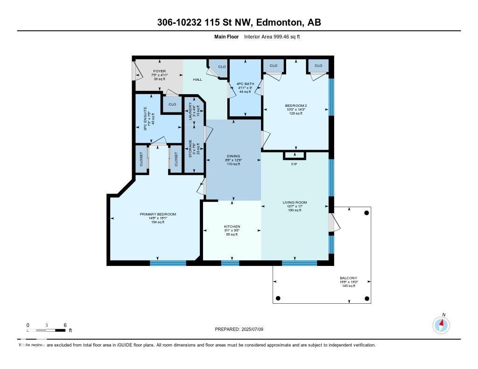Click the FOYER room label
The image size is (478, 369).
pyautogui.click(x=160, y=71)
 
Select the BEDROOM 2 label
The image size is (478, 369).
pyautogui.click(x=295, y=106)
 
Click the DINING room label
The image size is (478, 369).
pyautogui.click(x=233, y=156)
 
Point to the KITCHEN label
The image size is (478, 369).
pyautogui.click(x=232, y=227)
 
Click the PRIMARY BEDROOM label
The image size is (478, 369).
pyautogui.click(x=158, y=214)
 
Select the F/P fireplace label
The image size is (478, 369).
pyautogui.click(x=295, y=164)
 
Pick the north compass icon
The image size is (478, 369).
pyautogui.click(x=441, y=324)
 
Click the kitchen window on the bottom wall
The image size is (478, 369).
pyautogui.click(x=230, y=263)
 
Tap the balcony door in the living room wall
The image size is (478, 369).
pyautogui.click(x=332, y=223)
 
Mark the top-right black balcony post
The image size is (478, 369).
pyautogui.click(x=366, y=212)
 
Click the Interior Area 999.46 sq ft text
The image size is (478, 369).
pyautogui.click(x=272, y=36)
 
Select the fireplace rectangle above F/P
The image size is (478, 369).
pyautogui.click(x=295, y=155)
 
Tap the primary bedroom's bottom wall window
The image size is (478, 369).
pyautogui.click(x=168, y=263)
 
